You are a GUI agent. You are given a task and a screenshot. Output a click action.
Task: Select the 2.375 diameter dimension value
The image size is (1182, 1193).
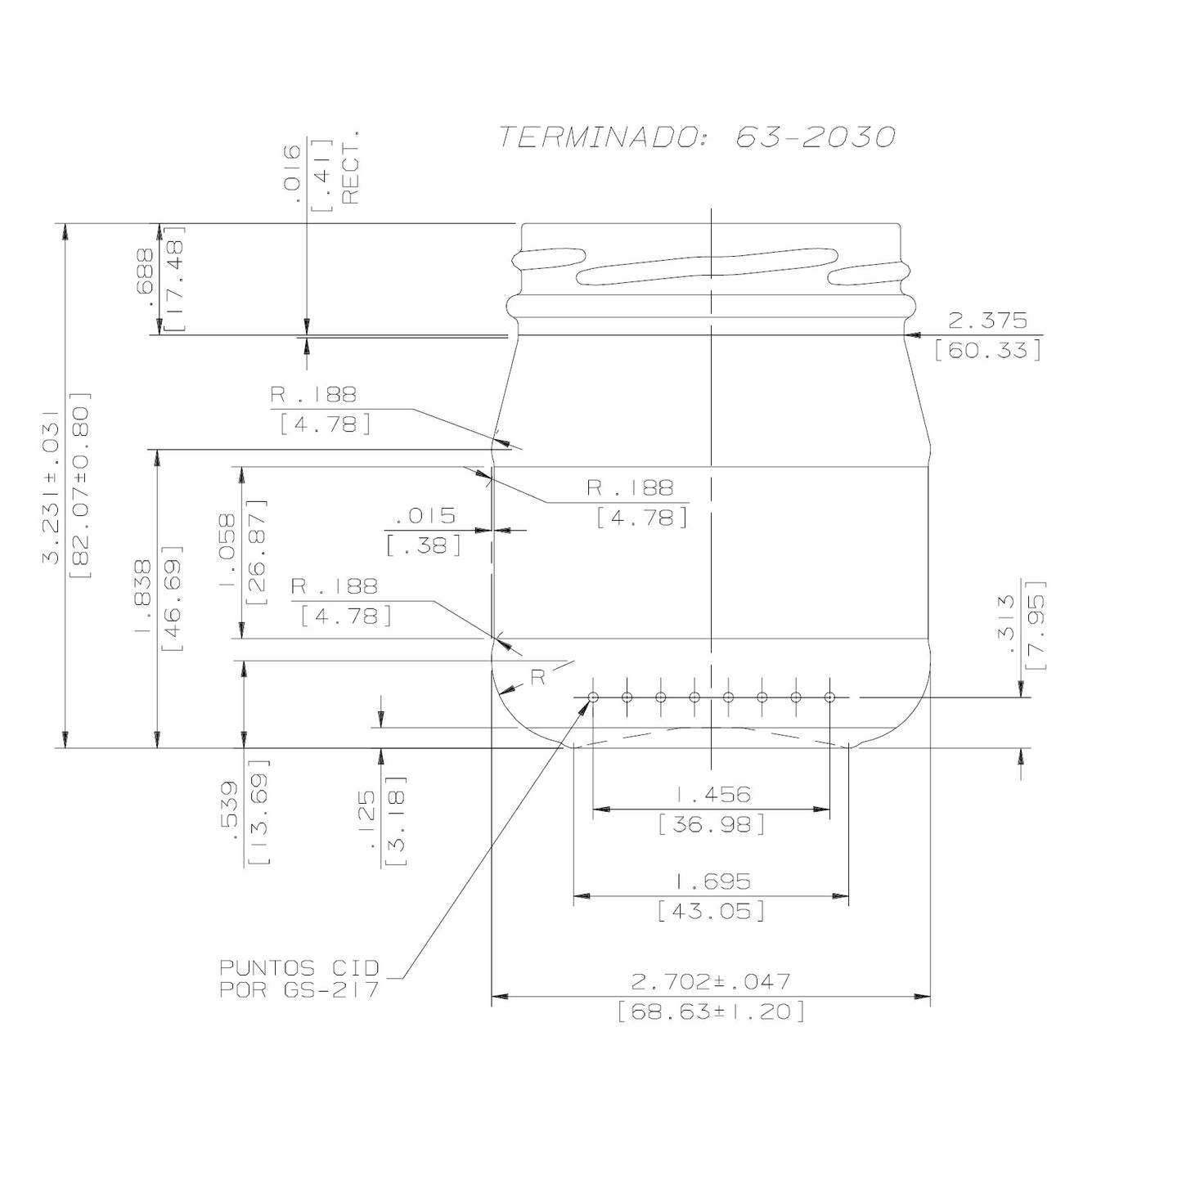point(987,320)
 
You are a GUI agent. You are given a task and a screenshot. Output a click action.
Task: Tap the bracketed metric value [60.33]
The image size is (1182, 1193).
point(987,351)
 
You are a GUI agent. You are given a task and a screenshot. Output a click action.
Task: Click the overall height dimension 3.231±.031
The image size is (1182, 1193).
point(51,487)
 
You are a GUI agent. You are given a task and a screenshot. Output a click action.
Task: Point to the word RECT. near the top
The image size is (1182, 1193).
point(350,167)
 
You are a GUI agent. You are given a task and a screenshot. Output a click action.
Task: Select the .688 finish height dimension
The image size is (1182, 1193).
point(146,278)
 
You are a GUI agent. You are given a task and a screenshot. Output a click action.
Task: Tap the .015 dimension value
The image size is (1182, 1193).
point(425,516)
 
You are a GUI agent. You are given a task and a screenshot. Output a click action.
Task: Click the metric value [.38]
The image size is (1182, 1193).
point(425,545)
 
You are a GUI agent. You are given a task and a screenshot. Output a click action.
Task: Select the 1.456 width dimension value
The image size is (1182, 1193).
point(712,794)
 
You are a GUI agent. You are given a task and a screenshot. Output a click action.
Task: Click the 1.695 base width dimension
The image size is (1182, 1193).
point(712,881)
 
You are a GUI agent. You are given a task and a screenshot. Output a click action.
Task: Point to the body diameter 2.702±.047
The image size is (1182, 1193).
point(711,980)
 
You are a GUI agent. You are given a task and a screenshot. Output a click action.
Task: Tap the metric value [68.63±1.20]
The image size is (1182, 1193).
point(711,1012)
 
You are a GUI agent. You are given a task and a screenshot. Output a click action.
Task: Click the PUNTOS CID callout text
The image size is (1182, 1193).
point(299,968)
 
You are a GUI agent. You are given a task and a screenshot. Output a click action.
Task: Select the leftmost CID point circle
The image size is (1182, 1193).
point(593,697)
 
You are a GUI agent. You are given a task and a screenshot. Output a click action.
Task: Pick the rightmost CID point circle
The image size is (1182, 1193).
point(829,697)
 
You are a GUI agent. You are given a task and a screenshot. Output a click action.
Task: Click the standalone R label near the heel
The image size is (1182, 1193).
point(537,678)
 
